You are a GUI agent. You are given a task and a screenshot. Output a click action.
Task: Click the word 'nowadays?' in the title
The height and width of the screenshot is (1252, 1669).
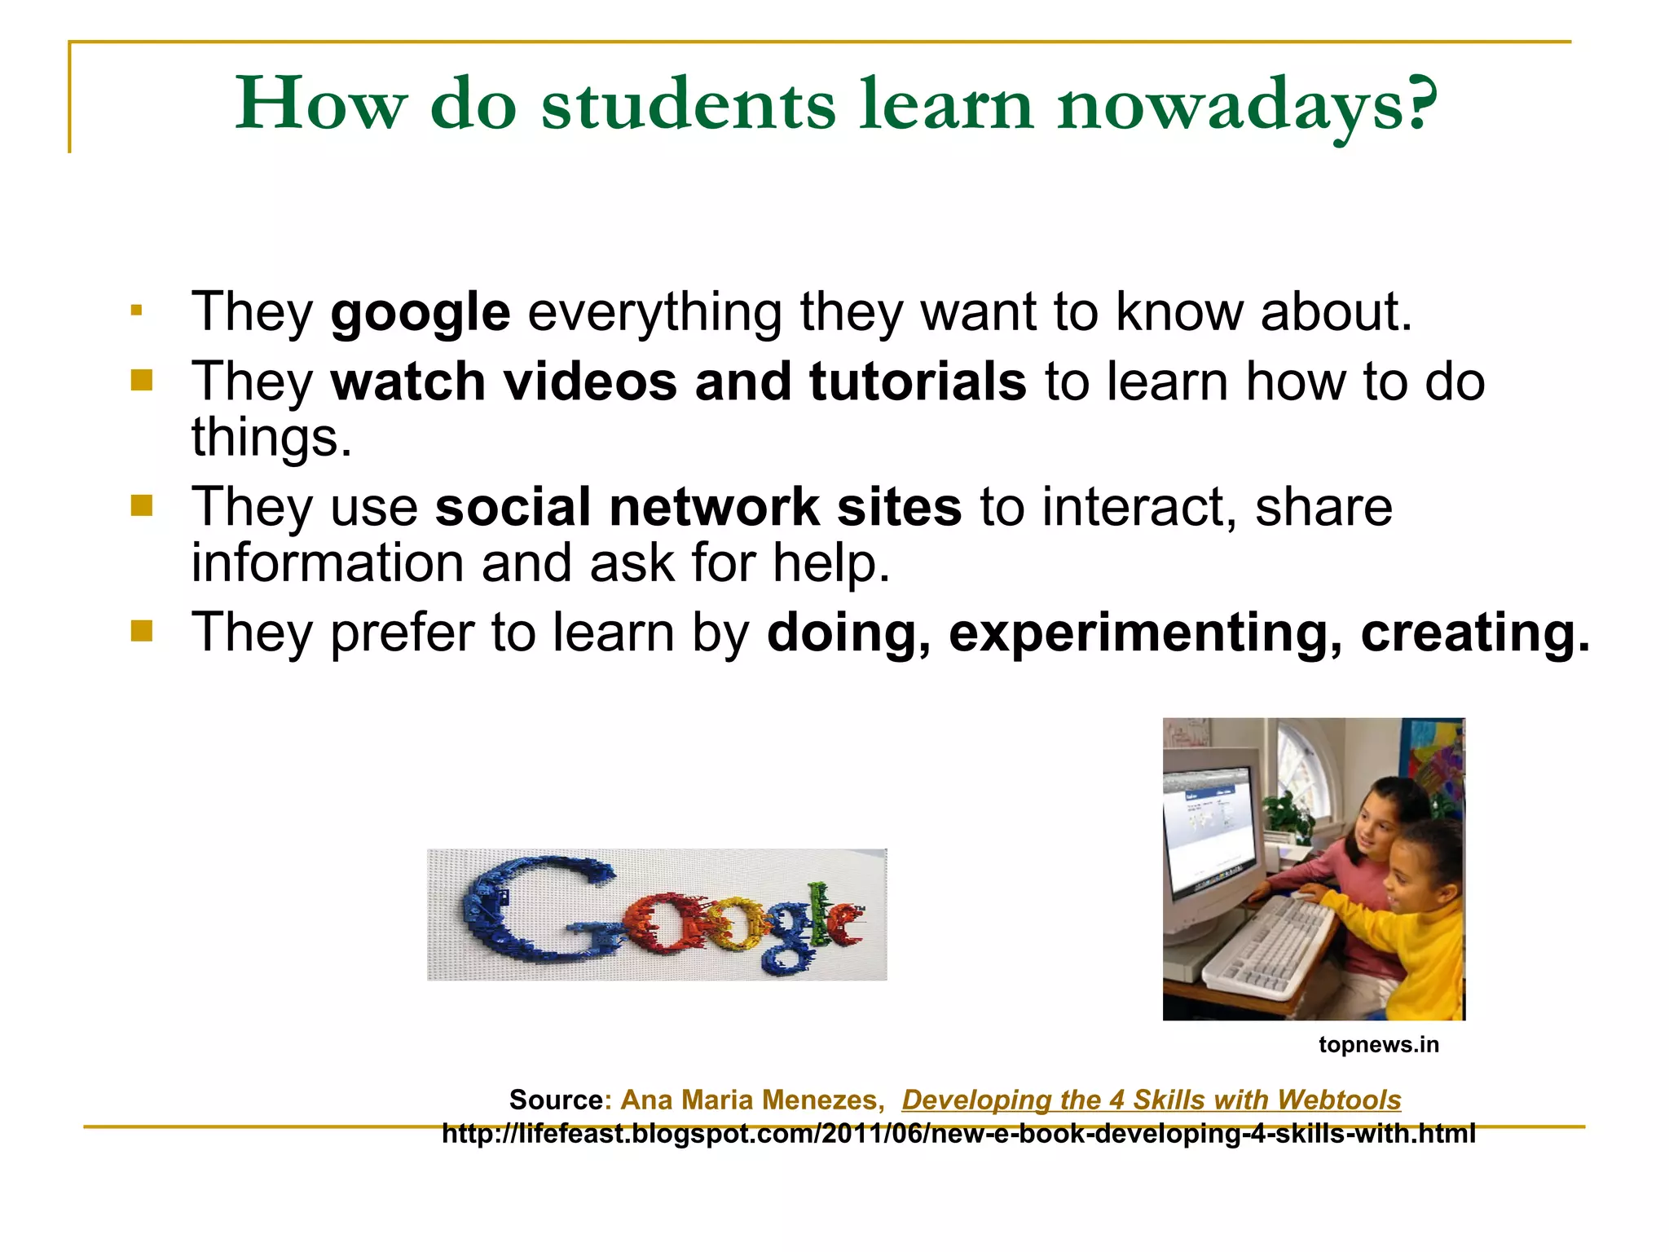pyautogui.click(x=1248, y=106)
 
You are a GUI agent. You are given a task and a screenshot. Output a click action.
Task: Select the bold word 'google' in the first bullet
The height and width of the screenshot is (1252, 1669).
pyautogui.click(x=421, y=313)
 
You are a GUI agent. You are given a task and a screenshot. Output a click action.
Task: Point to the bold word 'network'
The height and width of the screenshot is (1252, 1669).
pyautogui.click(x=714, y=507)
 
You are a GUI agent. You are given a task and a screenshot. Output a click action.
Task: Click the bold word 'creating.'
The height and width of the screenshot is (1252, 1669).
pyautogui.click(x=1475, y=633)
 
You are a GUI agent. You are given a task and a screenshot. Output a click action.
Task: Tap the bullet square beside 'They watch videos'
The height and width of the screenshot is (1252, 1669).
pyautogui.click(x=141, y=381)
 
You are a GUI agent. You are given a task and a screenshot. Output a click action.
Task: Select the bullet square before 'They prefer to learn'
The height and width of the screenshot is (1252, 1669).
pyautogui.click(x=141, y=631)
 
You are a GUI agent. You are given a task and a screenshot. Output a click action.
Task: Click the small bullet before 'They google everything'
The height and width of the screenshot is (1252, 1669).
pyautogui.click(x=136, y=311)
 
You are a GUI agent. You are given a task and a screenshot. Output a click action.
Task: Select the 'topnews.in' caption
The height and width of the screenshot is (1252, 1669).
pyautogui.click(x=1379, y=1045)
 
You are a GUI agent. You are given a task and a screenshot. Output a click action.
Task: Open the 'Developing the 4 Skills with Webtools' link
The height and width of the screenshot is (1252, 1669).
pyautogui.click(x=1151, y=1100)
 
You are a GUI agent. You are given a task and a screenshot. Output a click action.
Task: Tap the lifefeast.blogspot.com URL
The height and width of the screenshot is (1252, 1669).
pyautogui.click(x=958, y=1134)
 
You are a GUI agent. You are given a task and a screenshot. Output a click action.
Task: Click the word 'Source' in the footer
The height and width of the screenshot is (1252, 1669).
pyautogui.click(x=556, y=1100)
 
